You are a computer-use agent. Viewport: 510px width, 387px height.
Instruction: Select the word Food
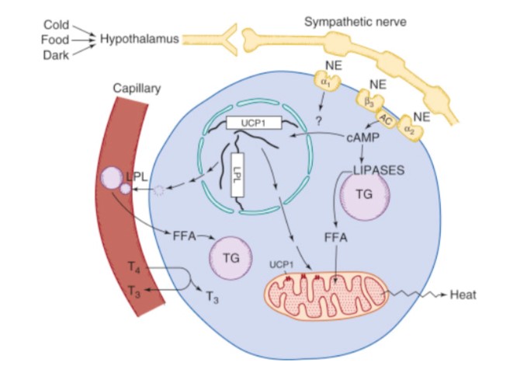pos(55,38)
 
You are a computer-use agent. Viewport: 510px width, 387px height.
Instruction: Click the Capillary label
pos(136,89)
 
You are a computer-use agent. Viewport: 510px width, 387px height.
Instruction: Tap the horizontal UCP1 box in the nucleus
pos(253,123)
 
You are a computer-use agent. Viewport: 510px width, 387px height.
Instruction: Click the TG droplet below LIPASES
pos(364,195)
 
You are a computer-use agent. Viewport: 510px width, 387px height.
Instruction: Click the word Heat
pos(463,295)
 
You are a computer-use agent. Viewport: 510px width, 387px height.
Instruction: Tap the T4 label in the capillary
pos(134,267)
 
